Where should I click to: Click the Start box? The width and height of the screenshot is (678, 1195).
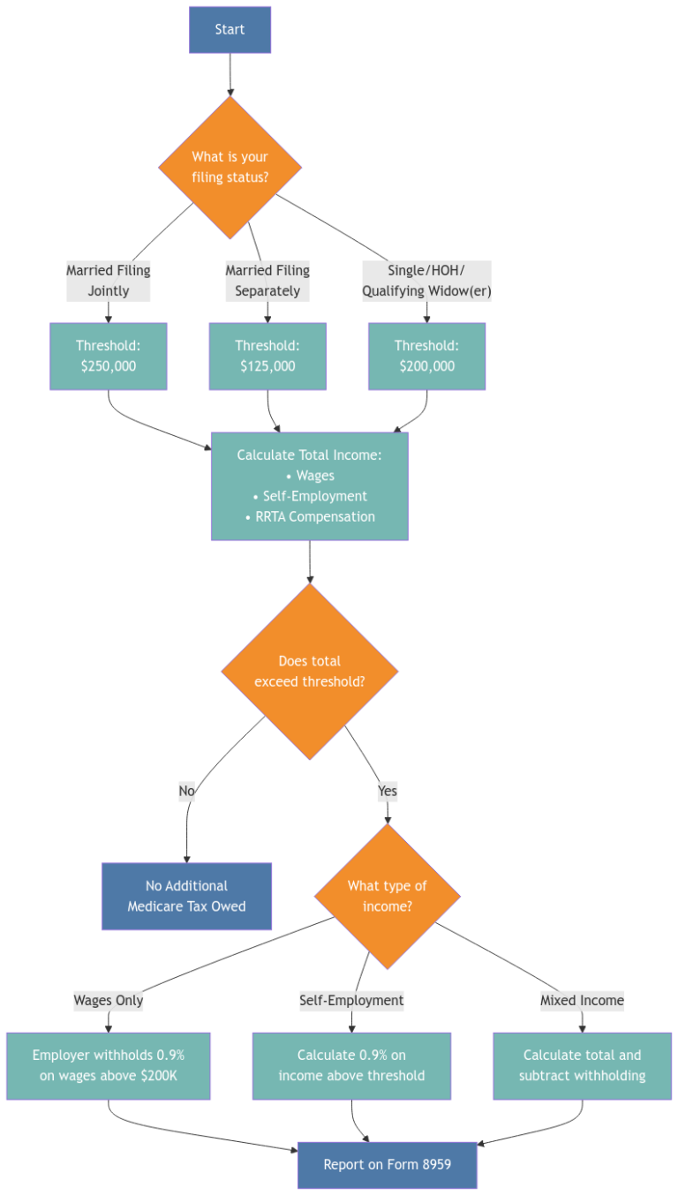[x=230, y=30]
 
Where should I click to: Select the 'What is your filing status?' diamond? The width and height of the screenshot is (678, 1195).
[x=230, y=167]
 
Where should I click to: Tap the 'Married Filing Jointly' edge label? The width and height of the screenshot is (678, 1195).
[x=109, y=281]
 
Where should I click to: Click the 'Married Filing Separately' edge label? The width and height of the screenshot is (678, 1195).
[x=267, y=281]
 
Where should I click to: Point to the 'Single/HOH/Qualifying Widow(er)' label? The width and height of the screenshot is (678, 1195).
[x=426, y=281]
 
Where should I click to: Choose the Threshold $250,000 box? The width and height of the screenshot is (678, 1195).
[x=109, y=356]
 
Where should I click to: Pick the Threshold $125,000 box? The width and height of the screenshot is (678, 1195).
[x=267, y=356]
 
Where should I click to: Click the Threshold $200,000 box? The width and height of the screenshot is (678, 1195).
[x=426, y=356]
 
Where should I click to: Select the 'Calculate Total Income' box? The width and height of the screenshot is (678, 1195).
[x=309, y=485]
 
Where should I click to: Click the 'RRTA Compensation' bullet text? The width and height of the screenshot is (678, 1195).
[x=310, y=517]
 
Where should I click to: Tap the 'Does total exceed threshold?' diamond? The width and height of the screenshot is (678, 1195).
[x=310, y=672]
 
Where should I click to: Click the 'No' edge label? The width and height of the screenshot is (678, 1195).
[x=186, y=792]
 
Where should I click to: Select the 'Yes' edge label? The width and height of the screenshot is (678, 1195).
[x=387, y=792]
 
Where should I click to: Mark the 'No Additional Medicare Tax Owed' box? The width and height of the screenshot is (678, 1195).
[x=186, y=896]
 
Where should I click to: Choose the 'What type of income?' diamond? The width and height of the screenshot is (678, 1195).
[x=388, y=896]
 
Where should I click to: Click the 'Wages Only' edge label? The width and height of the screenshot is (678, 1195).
[x=109, y=1001]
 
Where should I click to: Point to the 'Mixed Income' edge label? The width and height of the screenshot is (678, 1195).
[x=582, y=1001]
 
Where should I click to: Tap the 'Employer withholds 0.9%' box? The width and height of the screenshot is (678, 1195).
[x=109, y=1065]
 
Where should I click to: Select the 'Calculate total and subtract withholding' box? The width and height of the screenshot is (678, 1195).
[x=582, y=1065]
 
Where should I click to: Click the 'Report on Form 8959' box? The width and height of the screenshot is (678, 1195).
[x=388, y=1165]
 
